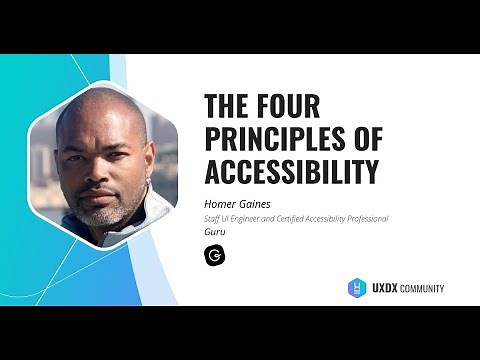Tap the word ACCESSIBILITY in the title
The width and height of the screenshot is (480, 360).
tap(291, 172)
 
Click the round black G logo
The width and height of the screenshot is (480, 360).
tap(214, 255)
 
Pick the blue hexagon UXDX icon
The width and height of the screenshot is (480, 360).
tap(357, 287)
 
